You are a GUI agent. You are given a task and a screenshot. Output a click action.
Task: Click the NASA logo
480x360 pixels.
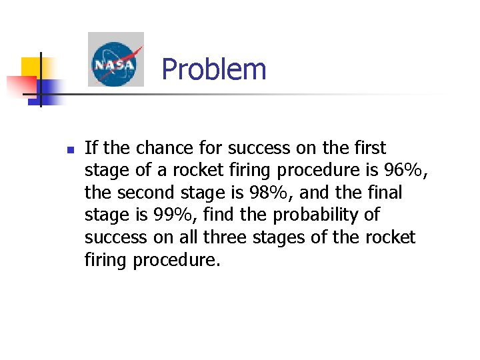pyautogui.click(x=115, y=59)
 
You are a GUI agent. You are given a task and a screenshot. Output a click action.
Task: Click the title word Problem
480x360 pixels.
pyautogui.click(x=213, y=69)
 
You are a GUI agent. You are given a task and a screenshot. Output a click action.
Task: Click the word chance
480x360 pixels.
pyautogui.click(x=163, y=147)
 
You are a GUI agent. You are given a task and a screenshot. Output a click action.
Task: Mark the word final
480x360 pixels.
pyautogui.click(x=383, y=193)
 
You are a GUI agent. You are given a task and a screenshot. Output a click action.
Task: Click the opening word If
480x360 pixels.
pyautogui.click(x=91, y=147)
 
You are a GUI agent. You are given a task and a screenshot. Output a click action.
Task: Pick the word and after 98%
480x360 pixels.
pyautogui.click(x=326, y=193)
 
